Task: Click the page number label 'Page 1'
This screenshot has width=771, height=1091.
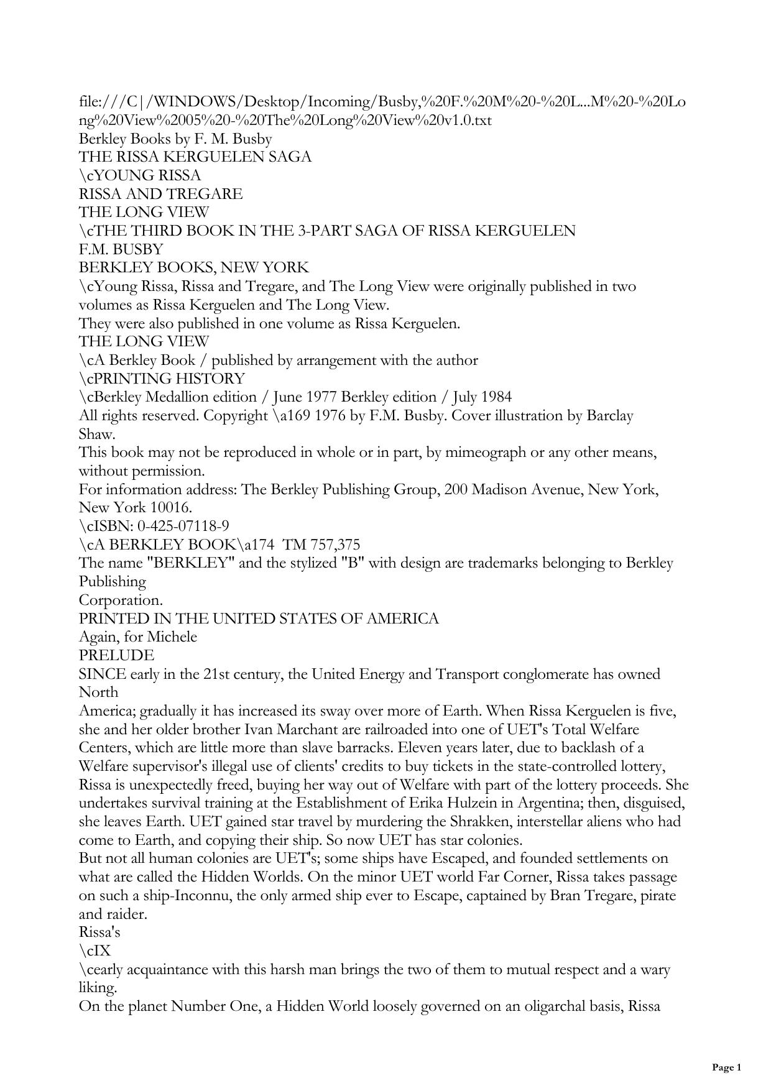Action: point(726,1067)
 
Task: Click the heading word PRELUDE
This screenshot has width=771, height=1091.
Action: point(116,655)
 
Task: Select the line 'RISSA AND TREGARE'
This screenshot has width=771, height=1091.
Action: point(160,194)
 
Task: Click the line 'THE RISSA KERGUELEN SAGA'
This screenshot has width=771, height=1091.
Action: point(195,157)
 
